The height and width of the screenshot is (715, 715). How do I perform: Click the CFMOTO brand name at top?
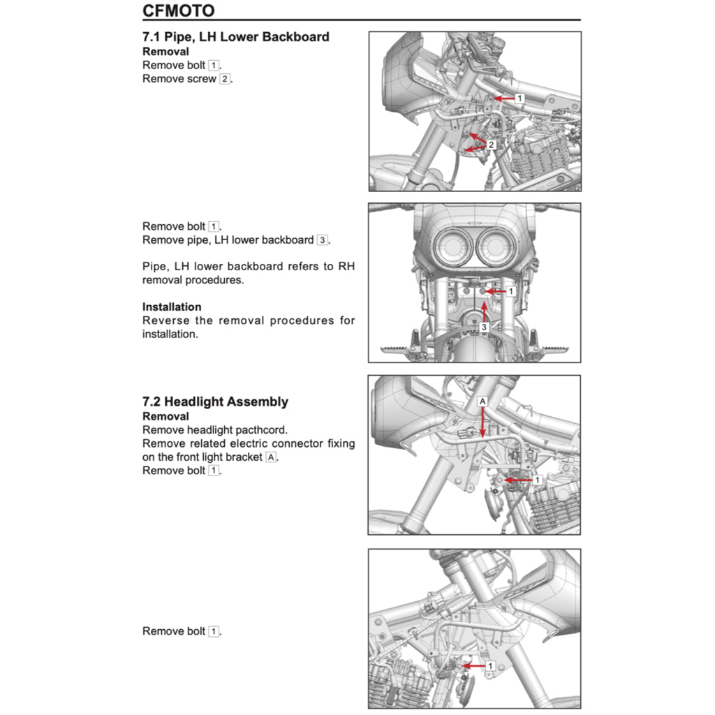click(x=178, y=10)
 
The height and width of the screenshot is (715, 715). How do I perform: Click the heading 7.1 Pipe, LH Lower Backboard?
click(x=235, y=37)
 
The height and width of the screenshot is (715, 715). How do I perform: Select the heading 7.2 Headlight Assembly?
click(x=215, y=401)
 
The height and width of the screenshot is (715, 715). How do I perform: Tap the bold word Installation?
click(x=172, y=307)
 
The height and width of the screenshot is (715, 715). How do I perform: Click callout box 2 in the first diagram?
click(x=491, y=145)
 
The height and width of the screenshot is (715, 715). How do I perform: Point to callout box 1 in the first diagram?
click(x=519, y=98)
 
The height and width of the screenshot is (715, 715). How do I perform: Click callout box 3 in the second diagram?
click(x=483, y=327)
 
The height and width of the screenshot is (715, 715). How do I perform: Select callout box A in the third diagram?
click(x=482, y=402)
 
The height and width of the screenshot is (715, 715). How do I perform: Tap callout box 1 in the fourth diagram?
click(x=490, y=666)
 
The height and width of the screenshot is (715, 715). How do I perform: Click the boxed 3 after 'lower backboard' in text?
click(x=322, y=240)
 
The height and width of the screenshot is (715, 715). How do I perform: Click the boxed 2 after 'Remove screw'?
click(x=224, y=79)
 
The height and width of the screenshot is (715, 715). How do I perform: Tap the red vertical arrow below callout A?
click(x=482, y=423)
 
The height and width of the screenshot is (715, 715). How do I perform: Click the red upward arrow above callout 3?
click(x=483, y=309)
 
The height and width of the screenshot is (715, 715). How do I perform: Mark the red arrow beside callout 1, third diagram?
click(x=518, y=480)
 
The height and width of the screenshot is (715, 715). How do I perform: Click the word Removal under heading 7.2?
click(x=165, y=416)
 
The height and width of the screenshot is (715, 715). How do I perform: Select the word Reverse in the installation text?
click(x=166, y=320)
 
